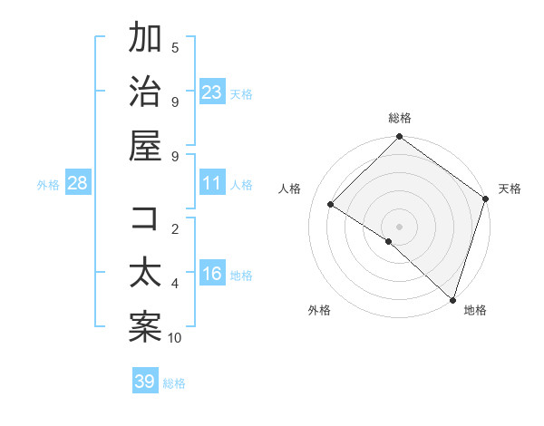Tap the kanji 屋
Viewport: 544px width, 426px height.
[145, 146]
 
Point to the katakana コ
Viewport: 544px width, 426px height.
[145, 218]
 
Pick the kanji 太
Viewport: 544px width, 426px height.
[145, 273]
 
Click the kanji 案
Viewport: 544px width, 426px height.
[145, 327]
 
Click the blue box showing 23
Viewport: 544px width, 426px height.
[212, 92]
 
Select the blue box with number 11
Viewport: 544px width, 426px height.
[212, 184]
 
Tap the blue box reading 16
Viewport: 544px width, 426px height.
[212, 275]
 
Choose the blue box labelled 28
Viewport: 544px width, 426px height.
[78, 184]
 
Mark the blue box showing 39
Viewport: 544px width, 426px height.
[145, 382]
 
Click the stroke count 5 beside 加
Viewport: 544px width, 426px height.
[175, 48]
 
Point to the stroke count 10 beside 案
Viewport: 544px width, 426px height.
[175, 338]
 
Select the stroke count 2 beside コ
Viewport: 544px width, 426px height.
[175, 229]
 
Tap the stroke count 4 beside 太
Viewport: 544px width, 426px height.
[175, 284]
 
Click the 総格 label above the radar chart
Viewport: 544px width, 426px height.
[400, 118]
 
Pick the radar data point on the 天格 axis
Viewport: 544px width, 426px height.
[486, 198]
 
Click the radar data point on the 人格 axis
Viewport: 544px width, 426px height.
[332, 204]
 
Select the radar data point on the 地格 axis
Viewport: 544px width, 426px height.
[452, 299]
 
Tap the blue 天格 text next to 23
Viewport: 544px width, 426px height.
[241, 94]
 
